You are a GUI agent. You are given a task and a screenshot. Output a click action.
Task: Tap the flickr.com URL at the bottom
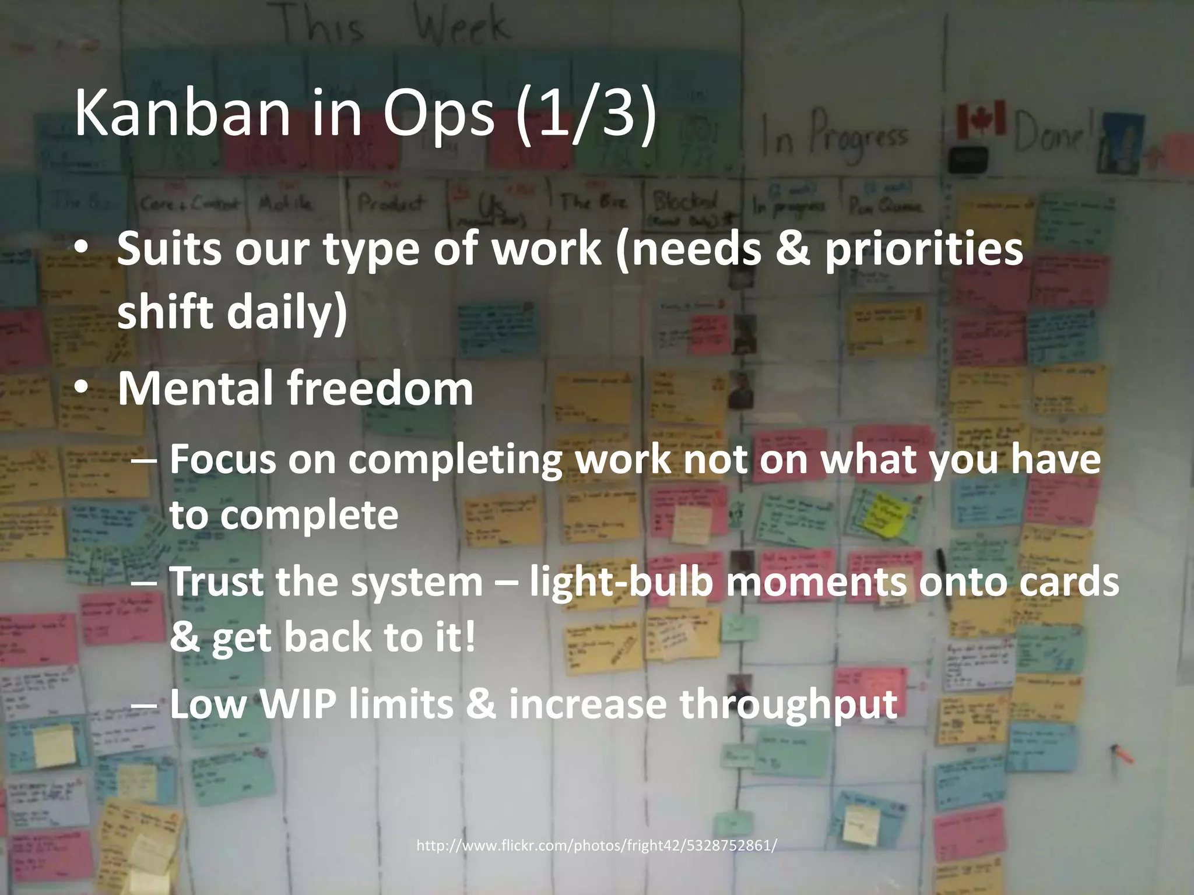click(596, 845)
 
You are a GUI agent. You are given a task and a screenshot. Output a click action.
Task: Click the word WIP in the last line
click(298, 704)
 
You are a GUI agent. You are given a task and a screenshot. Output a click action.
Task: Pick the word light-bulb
click(621, 582)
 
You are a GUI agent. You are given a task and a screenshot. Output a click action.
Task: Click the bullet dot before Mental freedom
click(82, 387)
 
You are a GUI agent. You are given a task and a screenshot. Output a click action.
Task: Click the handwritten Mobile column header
click(286, 204)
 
